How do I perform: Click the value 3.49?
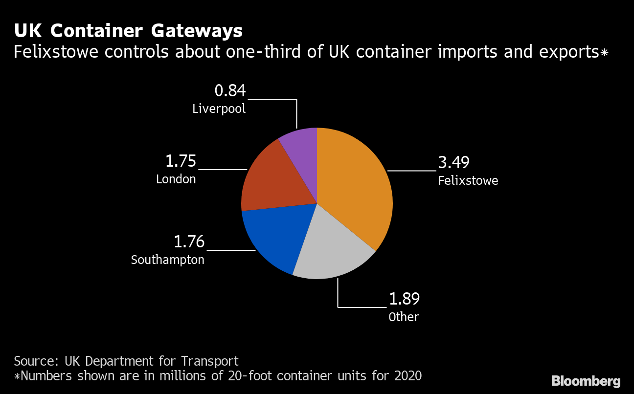453,163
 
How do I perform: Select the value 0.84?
230,91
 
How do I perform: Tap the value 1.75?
181,161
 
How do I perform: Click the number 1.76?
189,242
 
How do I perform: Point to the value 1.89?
404,299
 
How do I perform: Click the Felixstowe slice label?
468,181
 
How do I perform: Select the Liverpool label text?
219,109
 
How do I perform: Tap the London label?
176,179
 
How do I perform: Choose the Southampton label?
168,260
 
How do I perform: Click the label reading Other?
404,317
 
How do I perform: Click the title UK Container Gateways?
128,31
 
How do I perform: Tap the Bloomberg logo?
586,381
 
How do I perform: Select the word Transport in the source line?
210,361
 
